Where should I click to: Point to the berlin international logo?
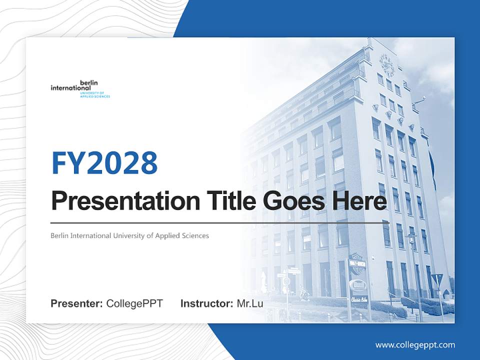point(80,89)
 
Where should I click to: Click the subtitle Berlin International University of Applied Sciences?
point(129,235)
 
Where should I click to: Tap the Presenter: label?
point(76,303)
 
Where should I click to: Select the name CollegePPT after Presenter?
point(134,303)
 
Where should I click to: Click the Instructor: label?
point(206,303)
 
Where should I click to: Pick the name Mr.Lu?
point(250,303)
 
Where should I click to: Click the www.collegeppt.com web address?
point(415,344)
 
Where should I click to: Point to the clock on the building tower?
point(386,65)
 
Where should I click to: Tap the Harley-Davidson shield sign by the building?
point(356,263)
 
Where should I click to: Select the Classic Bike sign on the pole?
point(358,298)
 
